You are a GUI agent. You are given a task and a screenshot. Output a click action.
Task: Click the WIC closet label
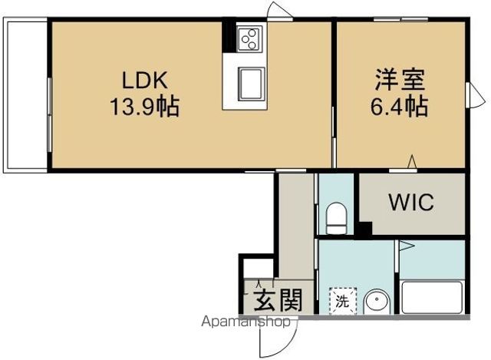pyautogui.click(x=410, y=203)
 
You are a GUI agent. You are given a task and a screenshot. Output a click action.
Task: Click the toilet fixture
pyautogui.click(x=336, y=218)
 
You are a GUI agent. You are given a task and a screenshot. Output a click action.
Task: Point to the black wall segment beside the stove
pyautogui.click(x=229, y=36)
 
